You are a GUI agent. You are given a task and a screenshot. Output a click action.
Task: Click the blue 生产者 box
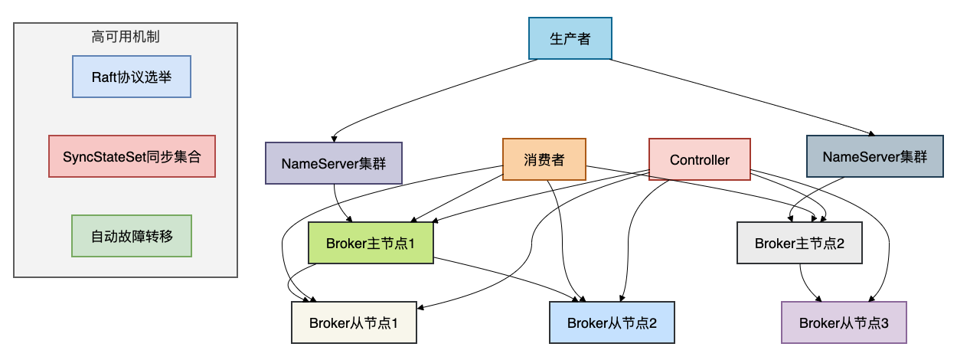pos(570,38)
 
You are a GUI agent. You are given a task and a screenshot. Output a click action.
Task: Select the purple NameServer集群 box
pos(334,162)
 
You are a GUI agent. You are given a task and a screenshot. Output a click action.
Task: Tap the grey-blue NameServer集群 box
pos(874,157)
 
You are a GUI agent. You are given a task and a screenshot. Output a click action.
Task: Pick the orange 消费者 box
pos(544,159)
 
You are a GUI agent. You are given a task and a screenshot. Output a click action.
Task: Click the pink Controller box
pos(699,159)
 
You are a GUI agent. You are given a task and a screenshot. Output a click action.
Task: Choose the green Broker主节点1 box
pos(370,244)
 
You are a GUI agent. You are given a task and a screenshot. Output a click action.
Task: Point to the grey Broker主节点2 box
pos(799,244)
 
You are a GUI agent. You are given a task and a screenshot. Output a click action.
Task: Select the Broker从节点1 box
pos(353,322)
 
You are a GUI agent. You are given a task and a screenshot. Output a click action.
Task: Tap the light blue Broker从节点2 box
pos(612,322)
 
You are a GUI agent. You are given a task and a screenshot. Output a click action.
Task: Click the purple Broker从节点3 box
pos(844,322)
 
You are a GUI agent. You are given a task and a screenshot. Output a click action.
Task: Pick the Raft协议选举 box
pos(131,77)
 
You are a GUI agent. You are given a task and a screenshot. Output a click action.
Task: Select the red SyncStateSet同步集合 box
pos(132,156)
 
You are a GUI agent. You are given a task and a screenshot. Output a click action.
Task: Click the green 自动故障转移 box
pos(131,235)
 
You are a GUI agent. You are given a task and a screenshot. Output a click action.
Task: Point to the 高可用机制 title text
pos(126,36)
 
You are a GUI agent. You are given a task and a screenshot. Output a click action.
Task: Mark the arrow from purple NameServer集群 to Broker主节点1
pos(340,205)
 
